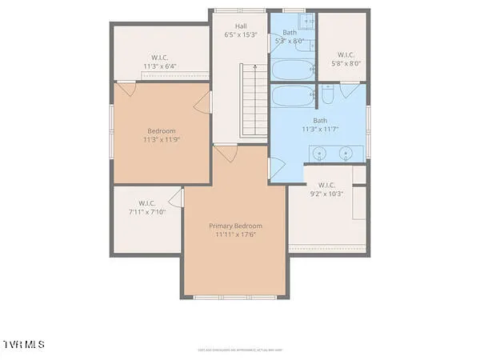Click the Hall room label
[240, 26]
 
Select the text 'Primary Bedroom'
[235, 226]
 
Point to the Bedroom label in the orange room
[161, 131]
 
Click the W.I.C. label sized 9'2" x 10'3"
[326, 184]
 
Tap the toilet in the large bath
[329, 97]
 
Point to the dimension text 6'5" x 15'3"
[240, 34]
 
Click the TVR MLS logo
[24, 344]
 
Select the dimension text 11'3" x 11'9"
[161, 140]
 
